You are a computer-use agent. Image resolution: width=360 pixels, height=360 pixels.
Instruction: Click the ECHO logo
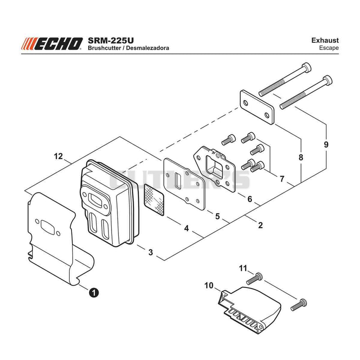pyautogui.click(x=52, y=44)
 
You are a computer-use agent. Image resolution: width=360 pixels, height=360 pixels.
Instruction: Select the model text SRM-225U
pyautogui.click(x=111, y=40)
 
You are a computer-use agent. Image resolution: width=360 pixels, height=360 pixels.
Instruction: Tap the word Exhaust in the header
pyautogui.click(x=325, y=40)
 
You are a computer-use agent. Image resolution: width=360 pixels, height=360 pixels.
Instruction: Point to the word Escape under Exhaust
pyautogui.click(x=329, y=48)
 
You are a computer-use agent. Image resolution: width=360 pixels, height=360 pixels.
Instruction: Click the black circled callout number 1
pyautogui.click(x=94, y=292)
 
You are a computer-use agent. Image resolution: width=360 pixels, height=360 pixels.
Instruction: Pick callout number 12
pyautogui.click(x=58, y=156)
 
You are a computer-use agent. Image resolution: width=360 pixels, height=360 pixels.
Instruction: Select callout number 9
pyautogui.click(x=326, y=144)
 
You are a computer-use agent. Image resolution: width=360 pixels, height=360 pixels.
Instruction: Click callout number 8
pyautogui.click(x=301, y=157)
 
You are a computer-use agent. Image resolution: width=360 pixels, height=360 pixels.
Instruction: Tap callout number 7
pyautogui.click(x=282, y=179)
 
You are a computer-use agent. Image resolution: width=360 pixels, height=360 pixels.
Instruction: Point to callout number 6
pyautogui.click(x=250, y=199)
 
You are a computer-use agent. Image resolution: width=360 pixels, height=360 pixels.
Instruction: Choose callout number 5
pyautogui.click(x=217, y=216)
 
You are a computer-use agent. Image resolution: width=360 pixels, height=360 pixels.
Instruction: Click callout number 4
pyautogui.click(x=186, y=228)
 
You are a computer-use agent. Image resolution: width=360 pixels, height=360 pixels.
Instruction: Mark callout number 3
pyautogui.click(x=150, y=252)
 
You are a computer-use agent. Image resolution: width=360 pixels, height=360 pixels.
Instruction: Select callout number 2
pyautogui.click(x=260, y=225)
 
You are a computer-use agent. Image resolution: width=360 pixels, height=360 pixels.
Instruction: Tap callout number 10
pyautogui.click(x=209, y=286)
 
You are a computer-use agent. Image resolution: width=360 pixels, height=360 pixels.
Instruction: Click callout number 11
pyautogui.click(x=243, y=268)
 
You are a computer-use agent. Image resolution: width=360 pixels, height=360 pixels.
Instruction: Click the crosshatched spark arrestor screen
pyautogui.click(x=154, y=199)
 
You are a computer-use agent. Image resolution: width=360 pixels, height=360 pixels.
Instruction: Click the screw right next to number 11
pyautogui.click(x=254, y=278)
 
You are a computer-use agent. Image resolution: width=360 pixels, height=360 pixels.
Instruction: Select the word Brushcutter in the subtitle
pyautogui.click(x=104, y=48)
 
